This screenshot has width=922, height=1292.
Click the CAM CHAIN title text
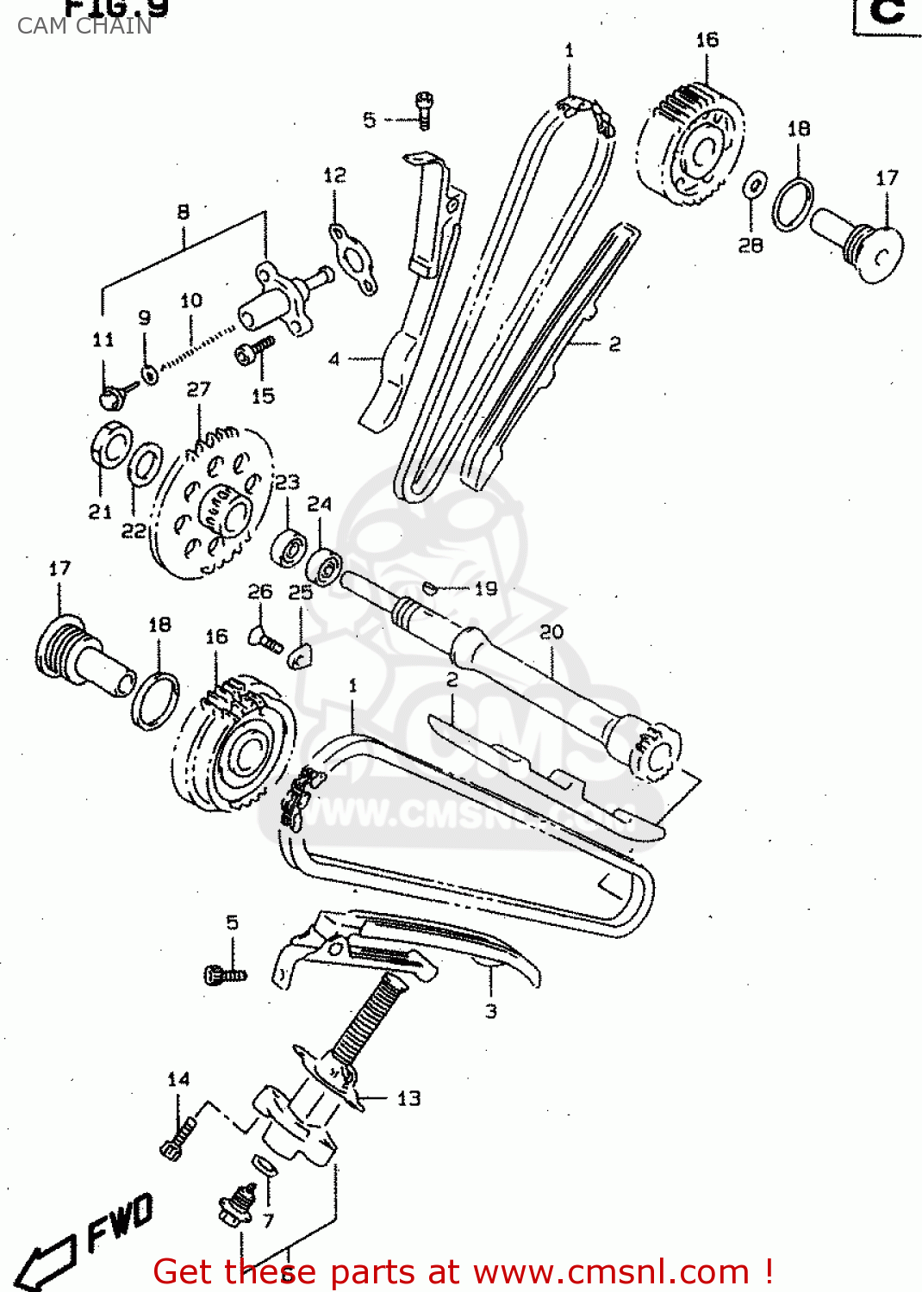pyautogui.click(x=84, y=26)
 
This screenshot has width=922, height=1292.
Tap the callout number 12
pyautogui.click(x=334, y=176)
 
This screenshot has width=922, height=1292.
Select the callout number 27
pyautogui.click(x=198, y=389)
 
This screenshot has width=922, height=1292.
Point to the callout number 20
pyautogui.click(x=551, y=632)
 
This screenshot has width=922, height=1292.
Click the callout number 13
pyautogui.click(x=408, y=1098)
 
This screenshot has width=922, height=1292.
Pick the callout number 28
pyautogui.click(x=751, y=245)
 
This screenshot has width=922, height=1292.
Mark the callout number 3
pyautogui.click(x=490, y=1011)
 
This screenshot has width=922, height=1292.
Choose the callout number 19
pyautogui.click(x=486, y=588)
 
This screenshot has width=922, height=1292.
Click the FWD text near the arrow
pyautogui.click(x=120, y=1224)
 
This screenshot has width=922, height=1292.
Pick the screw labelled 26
pyautogui.click(x=264, y=640)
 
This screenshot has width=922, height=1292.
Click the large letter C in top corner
pyautogui.click(x=888, y=12)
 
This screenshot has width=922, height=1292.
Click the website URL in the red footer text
pyautogui.click(x=611, y=1271)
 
